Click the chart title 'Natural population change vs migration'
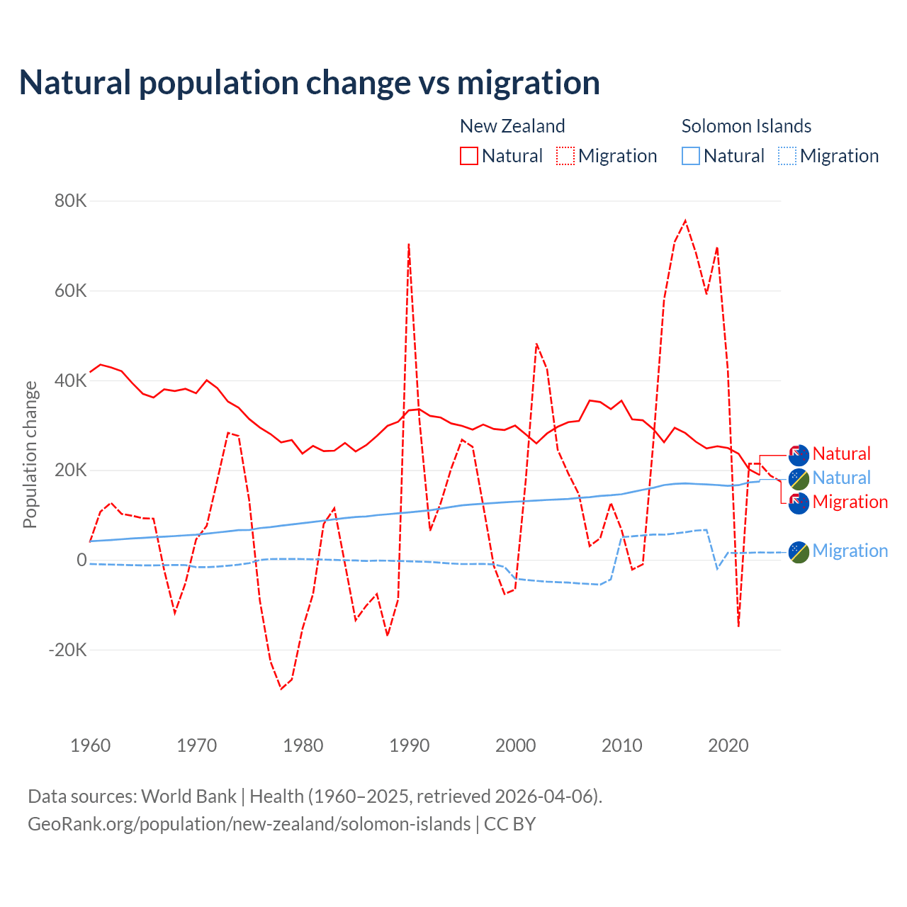click(309, 83)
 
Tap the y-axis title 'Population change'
click(30, 454)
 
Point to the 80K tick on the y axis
click(71, 201)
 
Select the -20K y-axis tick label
click(67, 650)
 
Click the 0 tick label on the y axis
click(81, 560)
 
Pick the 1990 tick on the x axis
click(410, 745)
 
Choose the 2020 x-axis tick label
click(728, 745)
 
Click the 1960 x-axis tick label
click(91, 745)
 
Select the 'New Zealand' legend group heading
click(512, 126)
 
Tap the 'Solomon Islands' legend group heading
click(746, 126)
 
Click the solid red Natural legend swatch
click(469, 156)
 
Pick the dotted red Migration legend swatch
click(565, 156)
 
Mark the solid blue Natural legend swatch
click(691, 156)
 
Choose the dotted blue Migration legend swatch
click(787, 156)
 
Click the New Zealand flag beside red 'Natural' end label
click(799, 455)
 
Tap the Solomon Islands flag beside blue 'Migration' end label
click(799, 552)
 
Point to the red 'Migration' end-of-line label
click(850, 502)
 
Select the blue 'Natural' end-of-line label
click(841, 478)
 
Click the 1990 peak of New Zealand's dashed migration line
click(409, 244)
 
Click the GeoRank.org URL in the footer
click(249, 824)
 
